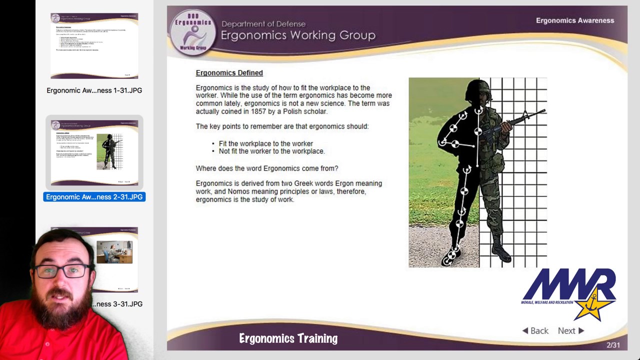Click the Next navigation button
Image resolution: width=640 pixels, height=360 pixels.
click(x=570, y=330)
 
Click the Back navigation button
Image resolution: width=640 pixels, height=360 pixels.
click(x=535, y=330)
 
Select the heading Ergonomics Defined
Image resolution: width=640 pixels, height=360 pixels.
click(x=229, y=73)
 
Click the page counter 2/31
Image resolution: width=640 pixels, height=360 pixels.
click(x=613, y=345)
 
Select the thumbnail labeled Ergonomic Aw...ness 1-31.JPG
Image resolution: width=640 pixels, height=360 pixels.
click(x=94, y=46)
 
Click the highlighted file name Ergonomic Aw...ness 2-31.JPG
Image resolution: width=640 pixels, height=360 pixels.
click(x=94, y=197)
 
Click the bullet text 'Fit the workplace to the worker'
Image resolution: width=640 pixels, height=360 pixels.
click(x=265, y=143)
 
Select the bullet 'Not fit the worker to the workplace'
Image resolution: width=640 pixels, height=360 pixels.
click(x=271, y=151)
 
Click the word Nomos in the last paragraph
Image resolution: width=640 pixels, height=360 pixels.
click(x=238, y=191)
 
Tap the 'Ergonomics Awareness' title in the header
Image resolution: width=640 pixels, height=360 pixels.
click(x=574, y=20)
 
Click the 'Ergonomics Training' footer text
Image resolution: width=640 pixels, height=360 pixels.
click(x=288, y=338)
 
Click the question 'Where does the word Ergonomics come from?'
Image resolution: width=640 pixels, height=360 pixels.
click(x=266, y=168)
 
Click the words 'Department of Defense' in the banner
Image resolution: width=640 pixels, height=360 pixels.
click(x=263, y=24)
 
